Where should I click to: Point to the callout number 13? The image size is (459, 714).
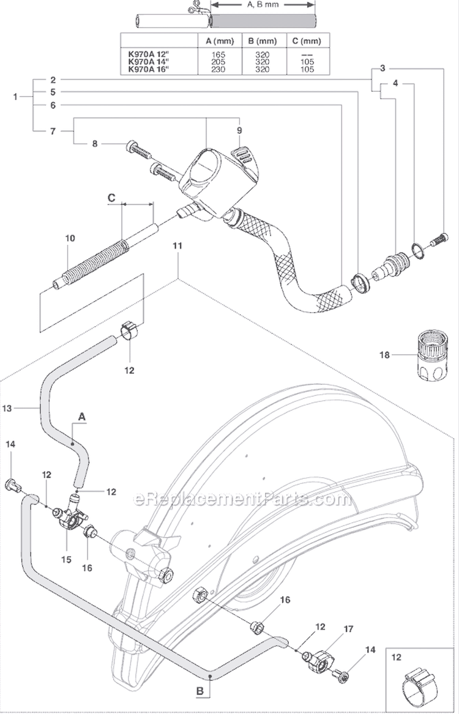[x=24, y=406]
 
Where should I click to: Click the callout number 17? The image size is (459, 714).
[x=332, y=628]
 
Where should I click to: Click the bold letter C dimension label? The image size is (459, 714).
[x=111, y=197]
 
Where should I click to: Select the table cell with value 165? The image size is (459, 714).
[x=218, y=54]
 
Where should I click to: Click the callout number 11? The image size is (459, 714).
[x=177, y=245]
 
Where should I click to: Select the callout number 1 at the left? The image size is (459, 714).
[x=15, y=96]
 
